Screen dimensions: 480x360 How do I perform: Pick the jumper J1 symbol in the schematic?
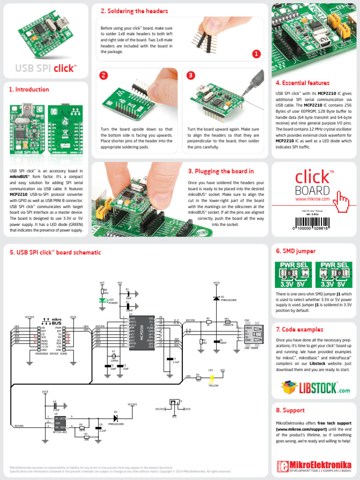[175, 403]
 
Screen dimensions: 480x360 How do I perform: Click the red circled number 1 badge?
[256, 54]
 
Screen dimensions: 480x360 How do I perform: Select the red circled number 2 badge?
[104, 75]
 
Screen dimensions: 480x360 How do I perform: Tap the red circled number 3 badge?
[190, 75]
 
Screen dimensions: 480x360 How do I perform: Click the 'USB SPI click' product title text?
[45, 68]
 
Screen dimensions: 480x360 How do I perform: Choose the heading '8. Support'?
[290, 410]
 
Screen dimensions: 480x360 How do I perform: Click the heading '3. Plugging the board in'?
[221, 171]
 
